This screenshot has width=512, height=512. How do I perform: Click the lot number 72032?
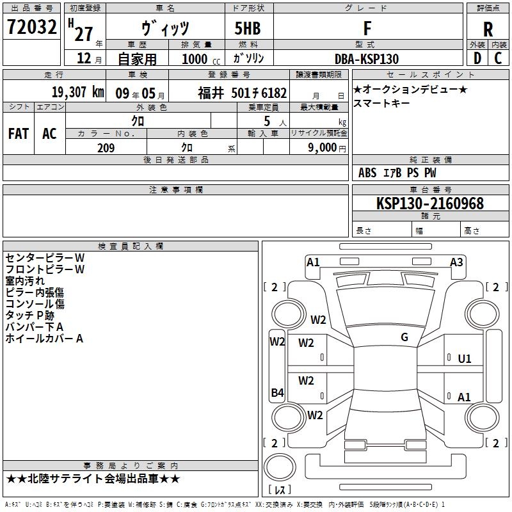coord(31,27)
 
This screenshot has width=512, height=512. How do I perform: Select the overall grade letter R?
coord(488,29)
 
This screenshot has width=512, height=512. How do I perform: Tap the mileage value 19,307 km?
coord(78,92)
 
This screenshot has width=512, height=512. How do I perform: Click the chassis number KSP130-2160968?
coord(429,203)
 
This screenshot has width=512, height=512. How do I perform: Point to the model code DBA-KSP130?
coord(367,59)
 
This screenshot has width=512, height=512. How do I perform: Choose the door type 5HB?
coord(248,28)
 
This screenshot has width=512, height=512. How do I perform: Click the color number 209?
coord(106,148)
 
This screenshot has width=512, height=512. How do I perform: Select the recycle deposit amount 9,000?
coord(322,147)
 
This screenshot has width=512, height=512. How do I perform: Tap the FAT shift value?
coord(19,134)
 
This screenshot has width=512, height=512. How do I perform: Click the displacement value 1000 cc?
coord(201,59)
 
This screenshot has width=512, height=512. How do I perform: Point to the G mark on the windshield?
coord(404,337)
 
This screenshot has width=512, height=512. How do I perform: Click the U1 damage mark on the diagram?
coord(465,359)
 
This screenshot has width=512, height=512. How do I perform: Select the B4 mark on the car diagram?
coord(277,392)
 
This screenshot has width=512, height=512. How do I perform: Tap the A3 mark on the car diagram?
coord(456,262)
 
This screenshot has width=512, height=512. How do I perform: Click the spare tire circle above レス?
coord(280,467)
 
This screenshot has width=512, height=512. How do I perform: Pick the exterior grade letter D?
coord(477,58)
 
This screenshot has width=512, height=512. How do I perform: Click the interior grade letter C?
coord(498,58)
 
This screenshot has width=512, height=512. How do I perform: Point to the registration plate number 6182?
coord(274,93)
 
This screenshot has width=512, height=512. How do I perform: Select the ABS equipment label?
coord(367,173)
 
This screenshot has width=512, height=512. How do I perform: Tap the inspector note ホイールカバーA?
coord(44,339)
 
